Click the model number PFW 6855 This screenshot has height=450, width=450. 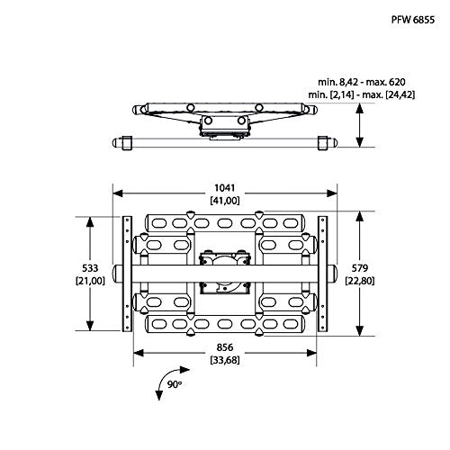tap(413, 20)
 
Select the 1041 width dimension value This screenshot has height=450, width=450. tap(225, 188)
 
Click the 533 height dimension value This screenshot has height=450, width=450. tap(90, 267)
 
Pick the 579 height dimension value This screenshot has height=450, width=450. tap(360, 267)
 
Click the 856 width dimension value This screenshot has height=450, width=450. tap(225, 347)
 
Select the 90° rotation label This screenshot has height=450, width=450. tap(175, 384)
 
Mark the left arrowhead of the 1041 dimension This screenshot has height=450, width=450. tap(118, 193)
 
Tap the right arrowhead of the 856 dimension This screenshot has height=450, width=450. tap(311, 353)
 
